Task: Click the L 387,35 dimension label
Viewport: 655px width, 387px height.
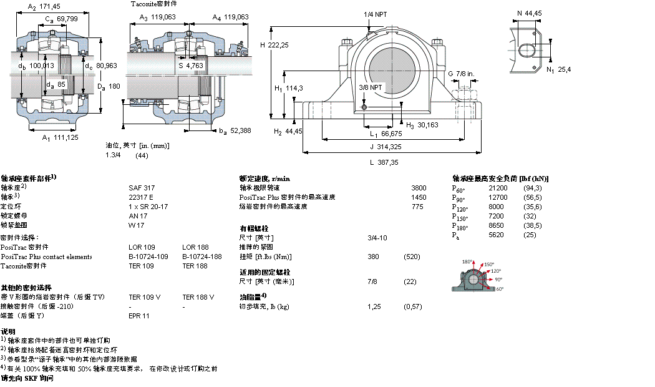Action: (x=384, y=162)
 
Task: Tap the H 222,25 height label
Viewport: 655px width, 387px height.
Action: (x=274, y=45)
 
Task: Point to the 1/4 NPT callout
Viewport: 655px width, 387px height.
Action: (x=375, y=14)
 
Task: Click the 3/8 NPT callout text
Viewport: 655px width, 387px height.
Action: (x=371, y=87)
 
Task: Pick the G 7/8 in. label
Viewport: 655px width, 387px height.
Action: (x=461, y=74)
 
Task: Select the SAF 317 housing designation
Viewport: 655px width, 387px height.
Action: (x=142, y=187)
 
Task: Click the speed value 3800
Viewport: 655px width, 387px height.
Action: (x=419, y=188)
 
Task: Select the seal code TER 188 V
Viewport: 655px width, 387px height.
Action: (x=198, y=297)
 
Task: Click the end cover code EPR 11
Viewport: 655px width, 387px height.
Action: (x=138, y=316)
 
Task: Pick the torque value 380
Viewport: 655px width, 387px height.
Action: (x=373, y=257)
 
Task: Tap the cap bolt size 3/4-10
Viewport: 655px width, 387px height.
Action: (x=377, y=238)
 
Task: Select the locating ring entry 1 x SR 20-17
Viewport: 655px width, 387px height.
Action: (x=148, y=206)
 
